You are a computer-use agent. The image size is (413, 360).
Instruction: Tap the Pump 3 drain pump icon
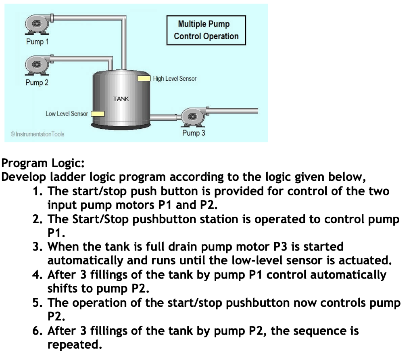tap(193, 117)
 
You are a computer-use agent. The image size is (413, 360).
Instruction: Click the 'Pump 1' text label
tap(35, 42)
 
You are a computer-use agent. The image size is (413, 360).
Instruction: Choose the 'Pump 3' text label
tap(194, 133)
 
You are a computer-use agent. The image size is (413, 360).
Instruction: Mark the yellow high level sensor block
tap(144, 78)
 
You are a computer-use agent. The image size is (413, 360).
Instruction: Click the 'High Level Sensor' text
tap(175, 79)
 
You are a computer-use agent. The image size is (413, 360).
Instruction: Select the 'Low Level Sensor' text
tap(67, 114)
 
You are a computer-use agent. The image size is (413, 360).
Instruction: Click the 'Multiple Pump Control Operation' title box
tap(206, 30)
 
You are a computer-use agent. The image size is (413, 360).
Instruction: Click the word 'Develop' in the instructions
tap(24, 177)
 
